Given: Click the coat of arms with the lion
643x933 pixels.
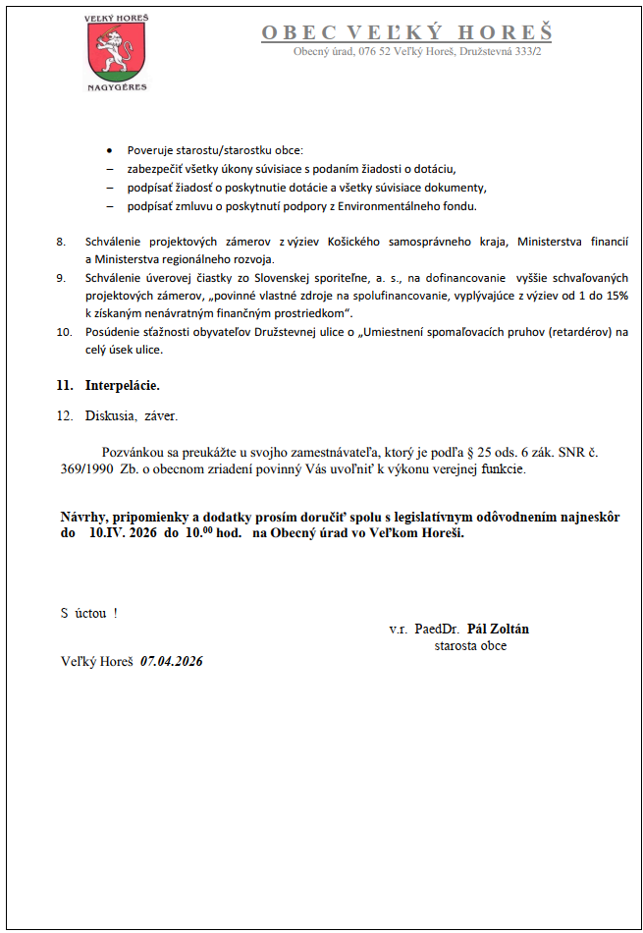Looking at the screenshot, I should pyautogui.click(x=113, y=50).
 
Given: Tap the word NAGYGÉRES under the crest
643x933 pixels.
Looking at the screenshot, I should pyautogui.click(x=116, y=86).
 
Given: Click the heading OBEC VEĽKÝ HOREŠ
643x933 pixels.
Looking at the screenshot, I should pyautogui.click(x=406, y=33).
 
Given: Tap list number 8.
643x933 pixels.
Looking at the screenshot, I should pyautogui.click(x=61, y=242).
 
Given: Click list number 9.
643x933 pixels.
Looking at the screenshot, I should pyautogui.click(x=61, y=278).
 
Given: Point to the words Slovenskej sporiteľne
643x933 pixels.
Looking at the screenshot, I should pyautogui.click(x=303, y=278).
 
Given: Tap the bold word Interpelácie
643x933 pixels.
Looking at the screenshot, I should pyautogui.click(x=122, y=385).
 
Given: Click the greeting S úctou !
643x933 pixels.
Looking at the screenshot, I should pyautogui.click(x=89, y=613).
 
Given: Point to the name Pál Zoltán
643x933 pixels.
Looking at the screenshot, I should pyautogui.click(x=498, y=629).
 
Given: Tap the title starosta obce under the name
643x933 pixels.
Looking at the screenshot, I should pyautogui.click(x=470, y=645).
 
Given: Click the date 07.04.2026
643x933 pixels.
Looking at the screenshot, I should pyautogui.click(x=172, y=661).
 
